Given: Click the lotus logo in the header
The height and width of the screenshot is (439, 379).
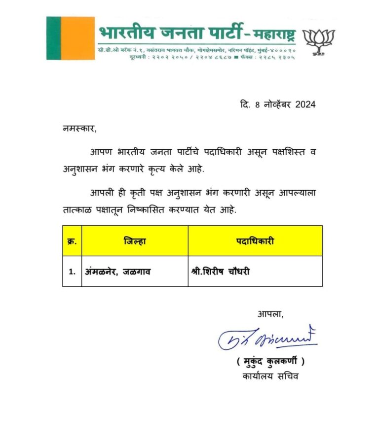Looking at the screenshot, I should point(318,41).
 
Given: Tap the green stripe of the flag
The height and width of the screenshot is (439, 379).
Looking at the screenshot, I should point(53,38).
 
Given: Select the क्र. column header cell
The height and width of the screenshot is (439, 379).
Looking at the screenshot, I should point(72,241).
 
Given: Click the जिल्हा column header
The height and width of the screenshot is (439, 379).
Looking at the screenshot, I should point(135,241).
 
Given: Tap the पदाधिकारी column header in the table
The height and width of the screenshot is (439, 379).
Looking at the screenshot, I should point(255,241).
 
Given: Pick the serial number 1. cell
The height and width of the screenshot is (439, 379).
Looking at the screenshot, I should point(72,271).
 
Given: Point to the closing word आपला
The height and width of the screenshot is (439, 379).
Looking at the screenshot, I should point(270,314).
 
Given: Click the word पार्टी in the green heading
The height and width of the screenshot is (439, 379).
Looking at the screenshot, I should point(219,33).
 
